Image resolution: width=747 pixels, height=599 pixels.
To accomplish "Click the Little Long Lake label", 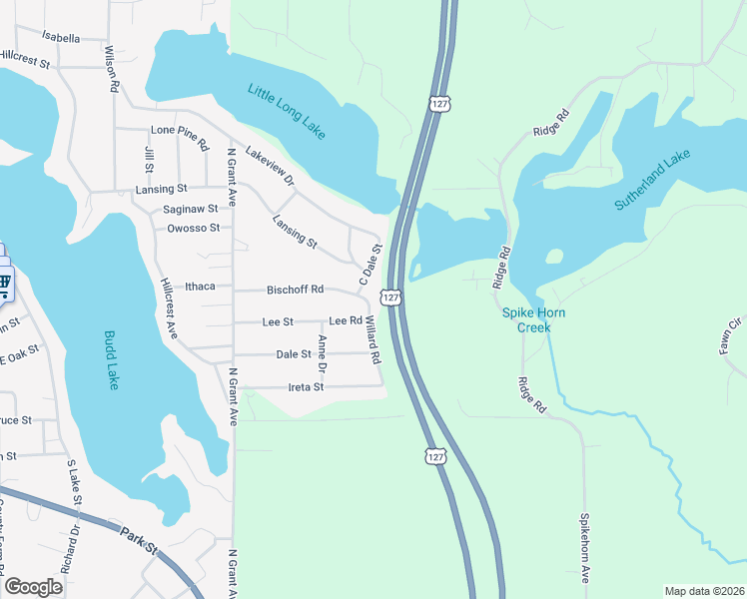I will pos(292,112).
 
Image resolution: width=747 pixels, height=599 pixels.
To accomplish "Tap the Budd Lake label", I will pos(111,360).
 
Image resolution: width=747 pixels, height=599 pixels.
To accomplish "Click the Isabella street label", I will pos(61,38).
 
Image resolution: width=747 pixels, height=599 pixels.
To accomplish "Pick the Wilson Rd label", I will pos(112,68).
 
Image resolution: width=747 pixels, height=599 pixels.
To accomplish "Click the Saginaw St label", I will pos(191,209).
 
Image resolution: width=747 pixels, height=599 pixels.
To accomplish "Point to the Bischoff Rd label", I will pos(295,290).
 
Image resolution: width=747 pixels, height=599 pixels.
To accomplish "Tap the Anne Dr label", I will pos(322,354).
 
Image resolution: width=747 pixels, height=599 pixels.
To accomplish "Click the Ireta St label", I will pos(306,386).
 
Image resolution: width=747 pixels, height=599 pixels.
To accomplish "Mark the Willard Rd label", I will pos(373,340).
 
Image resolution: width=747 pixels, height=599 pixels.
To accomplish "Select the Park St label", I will pos(141,540).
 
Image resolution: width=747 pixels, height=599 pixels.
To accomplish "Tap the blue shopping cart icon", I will pos(4,283).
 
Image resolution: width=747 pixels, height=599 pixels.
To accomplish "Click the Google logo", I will pos(33,587).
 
